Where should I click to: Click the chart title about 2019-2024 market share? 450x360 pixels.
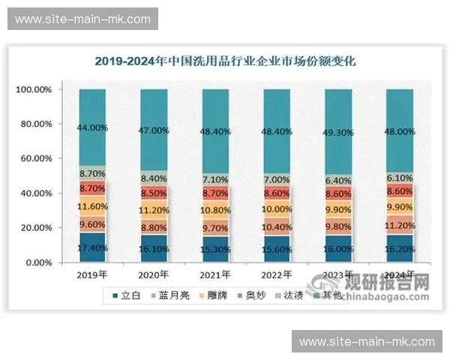(x=224, y=61)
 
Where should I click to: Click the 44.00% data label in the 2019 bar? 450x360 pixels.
(x=92, y=127)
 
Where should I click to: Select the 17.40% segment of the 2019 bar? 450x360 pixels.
(x=92, y=247)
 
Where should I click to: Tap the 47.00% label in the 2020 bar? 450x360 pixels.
(x=154, y=130)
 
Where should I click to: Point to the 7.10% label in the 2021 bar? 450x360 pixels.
(x=215, y=179)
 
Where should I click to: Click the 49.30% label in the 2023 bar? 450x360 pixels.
(x=338, y=133)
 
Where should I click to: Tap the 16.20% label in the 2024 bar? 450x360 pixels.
(x=400, y=248)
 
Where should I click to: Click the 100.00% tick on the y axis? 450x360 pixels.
(x=34, y=90)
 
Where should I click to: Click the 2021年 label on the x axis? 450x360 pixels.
(x=215, y=276)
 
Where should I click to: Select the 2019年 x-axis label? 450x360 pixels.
(x=92, y=276)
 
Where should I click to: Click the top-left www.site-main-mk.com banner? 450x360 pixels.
(x=83, y=19)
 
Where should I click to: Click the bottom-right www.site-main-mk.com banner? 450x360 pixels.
(x=367, y=341)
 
